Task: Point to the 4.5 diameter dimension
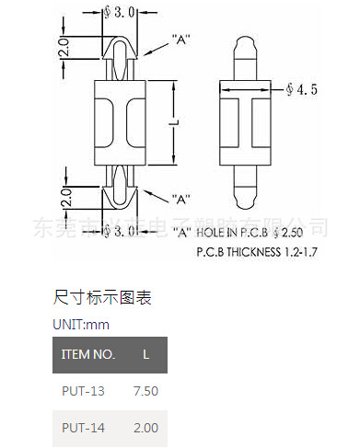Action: pyautogui.click(x=303, y=90)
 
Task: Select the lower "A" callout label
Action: pyautogui.click(x=180, y=199)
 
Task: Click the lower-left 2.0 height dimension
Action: pyautogui.click(x=64, y=195)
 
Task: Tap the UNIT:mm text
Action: pyautogui.click(x=81, y=325)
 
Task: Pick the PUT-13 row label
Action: pyautogui.click(x=84, y=391)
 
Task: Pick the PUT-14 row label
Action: pyautogui.click(x=84, y=428)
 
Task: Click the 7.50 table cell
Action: pyautogui.click(x=146, y=391)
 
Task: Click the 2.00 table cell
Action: pyautogui.click(x=146, y=428)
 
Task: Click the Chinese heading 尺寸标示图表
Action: pyautogui.click(x=103, y=298)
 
